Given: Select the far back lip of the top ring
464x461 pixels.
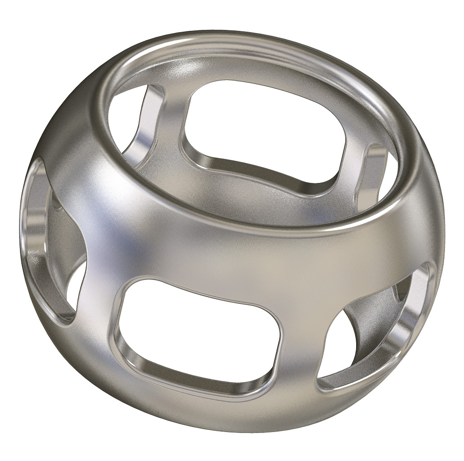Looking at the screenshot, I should click(254, 43).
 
